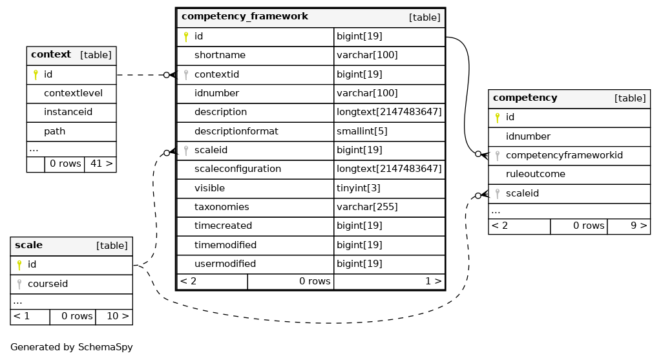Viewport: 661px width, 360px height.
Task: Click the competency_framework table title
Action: point(244,16)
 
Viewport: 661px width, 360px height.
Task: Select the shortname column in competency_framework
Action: point(220,55)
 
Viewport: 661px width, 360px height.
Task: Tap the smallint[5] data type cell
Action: point(362,131)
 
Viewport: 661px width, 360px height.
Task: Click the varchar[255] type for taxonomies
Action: point(367,207)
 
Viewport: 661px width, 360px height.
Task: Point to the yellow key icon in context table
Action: point(36,74)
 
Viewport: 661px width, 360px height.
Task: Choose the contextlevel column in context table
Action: point(73,93)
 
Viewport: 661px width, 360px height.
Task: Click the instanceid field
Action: point(68,112)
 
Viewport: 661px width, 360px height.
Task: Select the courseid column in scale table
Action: point(48,284)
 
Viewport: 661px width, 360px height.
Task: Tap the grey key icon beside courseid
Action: point(19,284)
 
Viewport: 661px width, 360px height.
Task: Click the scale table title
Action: point(28,246)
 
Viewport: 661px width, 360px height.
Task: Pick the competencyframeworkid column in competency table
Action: point(564,155)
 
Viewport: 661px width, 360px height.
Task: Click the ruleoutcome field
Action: point(536,174)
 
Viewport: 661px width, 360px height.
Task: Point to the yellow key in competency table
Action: point(498,118)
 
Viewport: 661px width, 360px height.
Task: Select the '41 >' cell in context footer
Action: point(101,164)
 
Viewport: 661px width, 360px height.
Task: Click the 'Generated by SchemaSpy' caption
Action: point(72,347)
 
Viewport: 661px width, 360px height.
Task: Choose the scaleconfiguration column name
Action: point(237,169)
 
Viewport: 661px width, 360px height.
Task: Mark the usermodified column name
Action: point(225,264)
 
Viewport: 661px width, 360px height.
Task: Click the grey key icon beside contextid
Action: point(186,75)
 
